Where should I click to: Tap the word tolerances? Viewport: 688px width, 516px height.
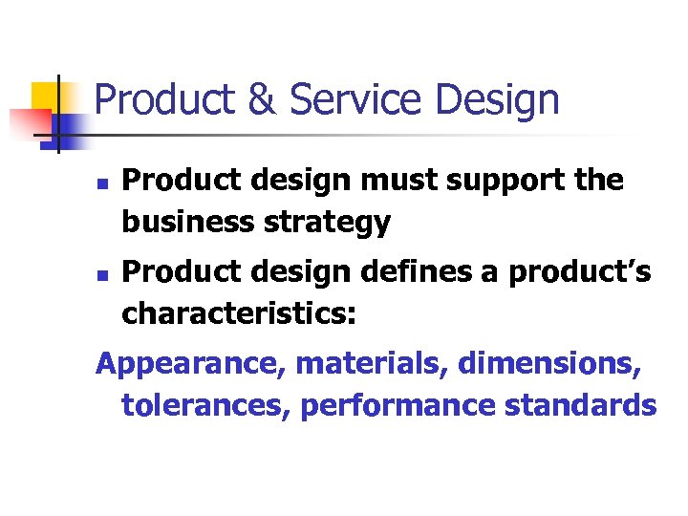(x=205, y=406)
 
